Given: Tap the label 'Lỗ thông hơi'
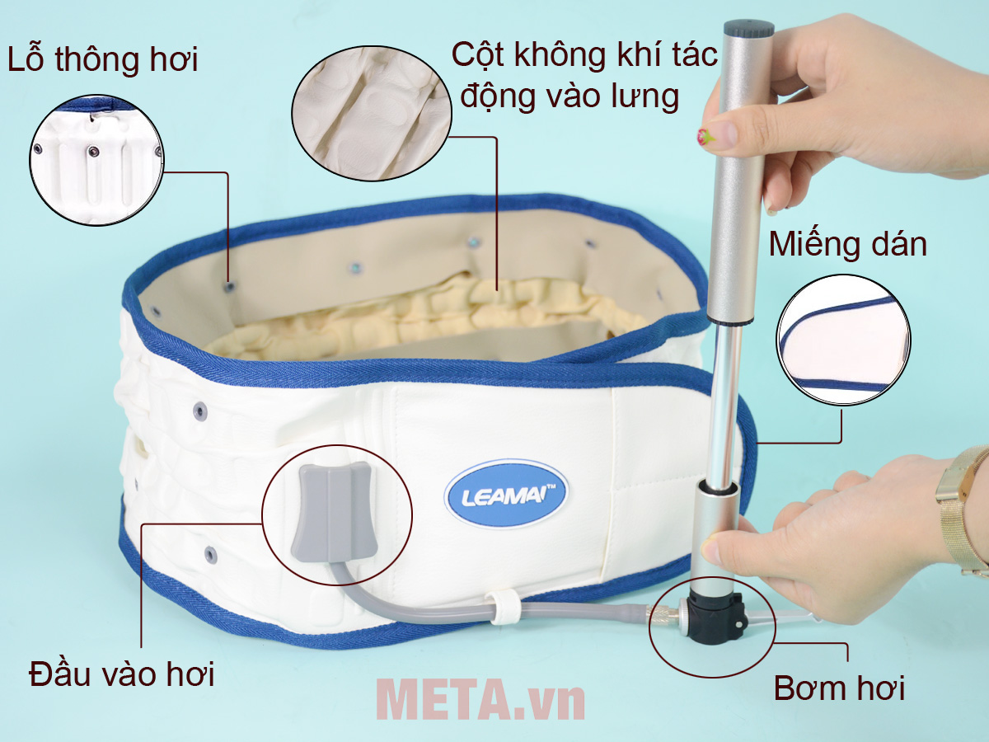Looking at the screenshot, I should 103,60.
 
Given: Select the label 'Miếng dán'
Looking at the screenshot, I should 847,244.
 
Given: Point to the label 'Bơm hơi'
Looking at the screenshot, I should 839,688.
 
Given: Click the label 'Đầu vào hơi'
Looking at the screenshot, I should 121,674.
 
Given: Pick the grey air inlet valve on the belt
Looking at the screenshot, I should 333,511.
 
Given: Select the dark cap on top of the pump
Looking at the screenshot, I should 748,29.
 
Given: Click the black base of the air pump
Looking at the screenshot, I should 715,613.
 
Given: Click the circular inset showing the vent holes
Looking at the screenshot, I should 96,159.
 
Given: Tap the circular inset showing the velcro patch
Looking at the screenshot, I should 843,340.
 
